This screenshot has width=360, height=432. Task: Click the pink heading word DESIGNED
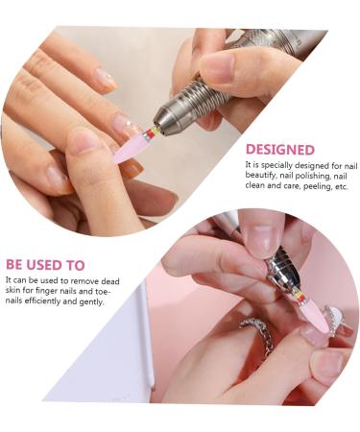279,150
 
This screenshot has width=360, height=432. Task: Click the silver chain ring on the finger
258,331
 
